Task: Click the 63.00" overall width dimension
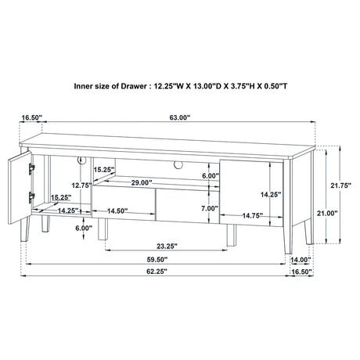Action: (180, 117)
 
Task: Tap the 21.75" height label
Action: (340, 185)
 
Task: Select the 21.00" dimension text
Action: (327, 213)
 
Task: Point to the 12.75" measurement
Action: (81, 185)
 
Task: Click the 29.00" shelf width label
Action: (142, 182)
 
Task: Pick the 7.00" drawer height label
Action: (210, 208)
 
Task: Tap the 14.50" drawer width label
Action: (117, 211)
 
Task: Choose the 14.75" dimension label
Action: (252, 215)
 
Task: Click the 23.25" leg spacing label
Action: (167, 246)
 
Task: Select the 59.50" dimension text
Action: (157, 260)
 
